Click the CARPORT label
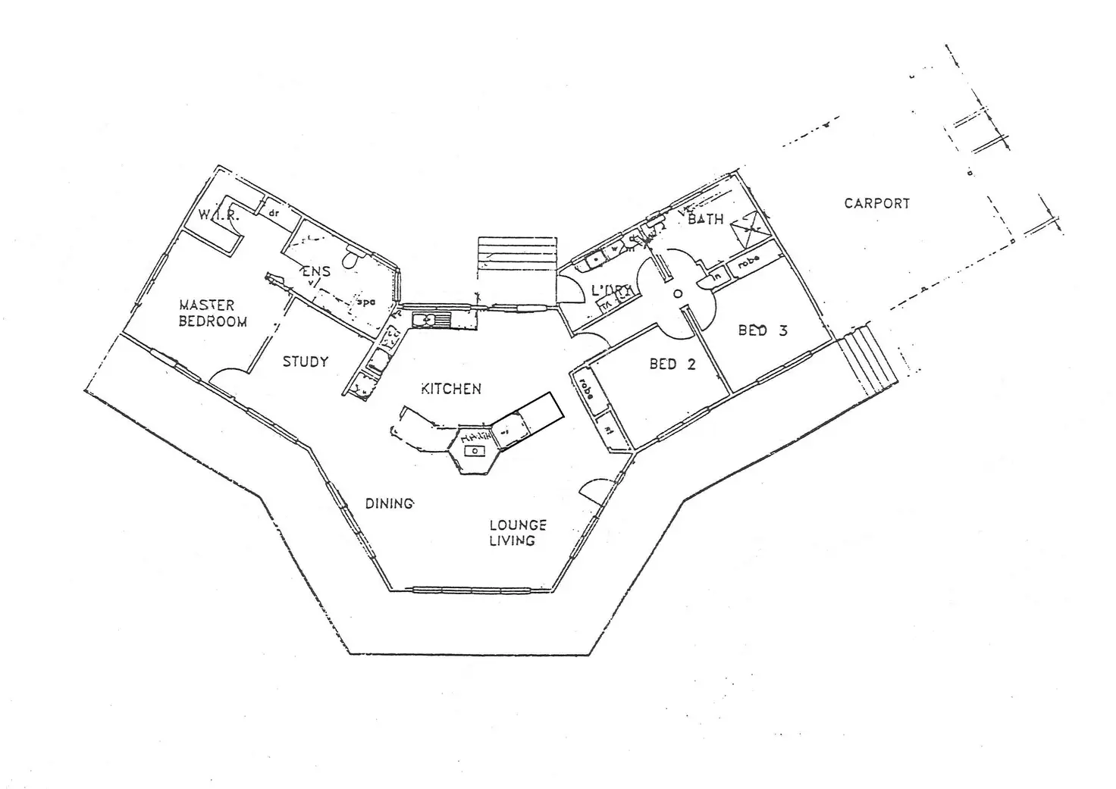tap(876, 203)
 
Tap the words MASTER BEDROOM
tap(212, 313)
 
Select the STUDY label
tap(306, 362)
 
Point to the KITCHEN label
tap(451, 389)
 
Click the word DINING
tap(389, 503)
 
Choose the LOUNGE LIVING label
tap(517, 533)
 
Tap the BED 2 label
tap(672, 365)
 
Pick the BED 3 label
tap(763, 330)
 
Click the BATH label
tap(705, 219)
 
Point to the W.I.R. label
tap(218, 215)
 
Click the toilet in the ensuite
tap(350, 260)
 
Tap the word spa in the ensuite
tap(366, 302)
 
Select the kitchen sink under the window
tap(429, 321)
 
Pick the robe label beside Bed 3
tap(748, 262)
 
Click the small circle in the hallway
tap(678, 293)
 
